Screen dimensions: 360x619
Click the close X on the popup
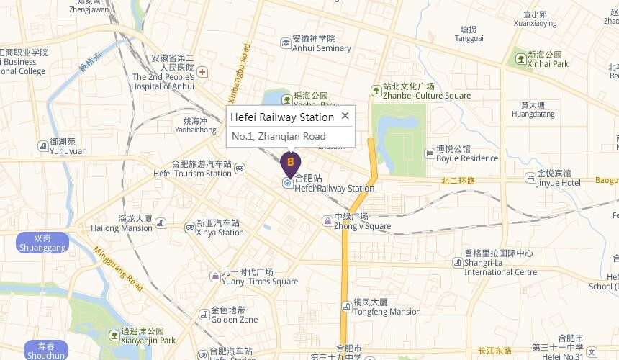click(x=345, y=115)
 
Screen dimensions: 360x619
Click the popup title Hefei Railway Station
click(x=282, y=117)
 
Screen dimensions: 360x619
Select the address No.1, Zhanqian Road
click(x=279, y=136)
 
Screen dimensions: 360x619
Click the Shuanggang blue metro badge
click(x=42, y=243)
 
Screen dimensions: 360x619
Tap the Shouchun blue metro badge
click(x=45, y=350)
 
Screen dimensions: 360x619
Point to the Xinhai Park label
click(x=548, y=64)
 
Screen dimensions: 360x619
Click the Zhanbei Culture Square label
click(x=426, y=95)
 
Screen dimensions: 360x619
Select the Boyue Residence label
click(x=466, y=158)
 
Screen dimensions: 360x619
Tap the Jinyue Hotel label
click(x=559, y=183)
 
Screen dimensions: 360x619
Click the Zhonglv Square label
click(x=361, y=225)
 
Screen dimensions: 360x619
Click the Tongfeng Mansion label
click(x=387, y=312)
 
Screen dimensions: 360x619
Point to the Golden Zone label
click(x=234, y=320)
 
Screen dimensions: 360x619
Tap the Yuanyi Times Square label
click(x=259, y=282)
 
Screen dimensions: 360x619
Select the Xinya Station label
click(x=220, y=233)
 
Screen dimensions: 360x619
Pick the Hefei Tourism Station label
click(x=192, y=174)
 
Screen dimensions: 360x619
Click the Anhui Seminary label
click(x=322, y=48)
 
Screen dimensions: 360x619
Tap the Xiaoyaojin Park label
click(x=148, y=341)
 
